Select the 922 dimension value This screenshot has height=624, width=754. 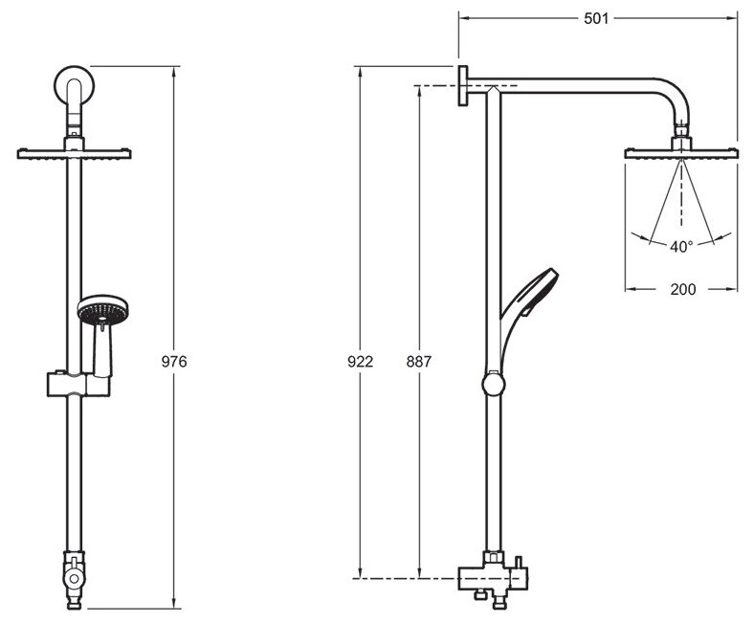[x=359, y=362]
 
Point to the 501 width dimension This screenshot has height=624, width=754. [x=598, y=17]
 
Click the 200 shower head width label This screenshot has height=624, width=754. [x=681, y=288]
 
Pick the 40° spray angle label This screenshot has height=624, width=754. [x=680, y=246]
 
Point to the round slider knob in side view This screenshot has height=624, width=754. [x=492, y=385]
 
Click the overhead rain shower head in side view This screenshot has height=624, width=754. [x=681, y=153]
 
